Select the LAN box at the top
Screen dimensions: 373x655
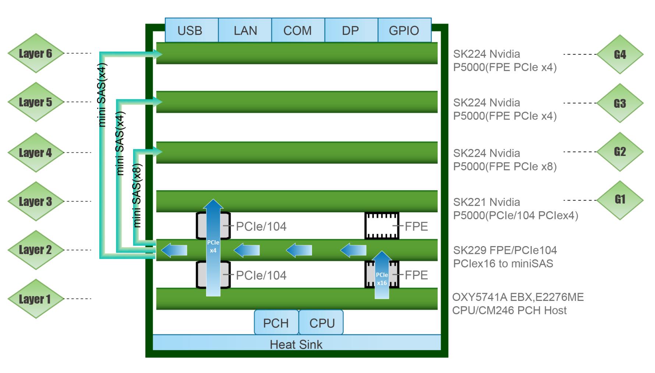[x=245, y=30]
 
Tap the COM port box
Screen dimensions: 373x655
[x=298, y=30]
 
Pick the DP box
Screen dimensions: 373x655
[x=351, y=30]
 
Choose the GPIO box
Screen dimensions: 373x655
[x=404, y=30]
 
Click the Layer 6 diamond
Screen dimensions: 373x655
[x=35, y=53]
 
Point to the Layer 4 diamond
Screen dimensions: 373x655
[x=35, y=153]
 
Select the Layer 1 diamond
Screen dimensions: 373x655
[x=35, y=299]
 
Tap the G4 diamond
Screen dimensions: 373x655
[x=620, y=54]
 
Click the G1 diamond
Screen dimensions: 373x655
[x=620, y=200]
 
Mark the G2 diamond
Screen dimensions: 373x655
[x=620, y=152]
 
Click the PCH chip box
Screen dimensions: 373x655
[x=276, y=323]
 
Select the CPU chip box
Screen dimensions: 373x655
[x=322, y=323]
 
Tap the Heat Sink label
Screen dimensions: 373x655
[x=296, y=344]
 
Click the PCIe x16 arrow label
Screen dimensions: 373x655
[x=382, y=279]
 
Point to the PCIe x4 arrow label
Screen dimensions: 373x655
[x=213, y=246]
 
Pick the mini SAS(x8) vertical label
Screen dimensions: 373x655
[x=137, y=195]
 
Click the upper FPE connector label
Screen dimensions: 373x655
[x=416, y=226]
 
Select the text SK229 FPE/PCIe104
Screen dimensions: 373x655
[x=505, y=250]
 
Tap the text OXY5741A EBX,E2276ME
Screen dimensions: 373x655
[x=518, y=297]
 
